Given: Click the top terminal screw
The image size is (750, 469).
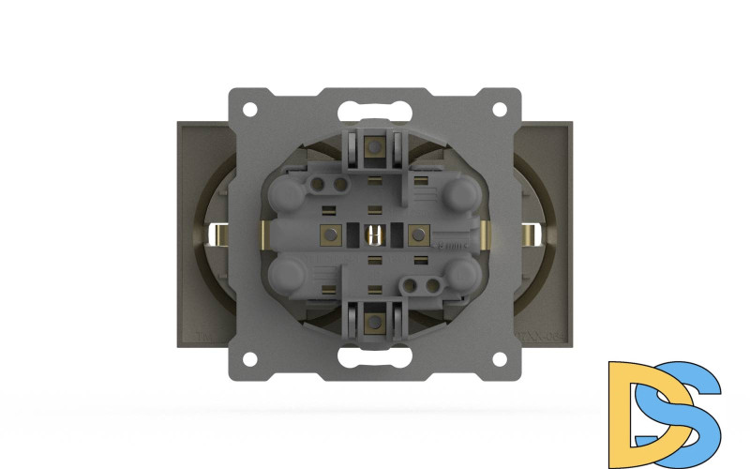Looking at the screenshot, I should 375,146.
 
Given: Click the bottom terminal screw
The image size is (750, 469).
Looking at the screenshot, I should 375,322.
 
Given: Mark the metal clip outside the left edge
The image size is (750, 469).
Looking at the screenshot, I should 217,234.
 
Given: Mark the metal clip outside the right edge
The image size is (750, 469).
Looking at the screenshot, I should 532,234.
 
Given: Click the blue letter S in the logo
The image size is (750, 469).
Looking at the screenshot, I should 689,403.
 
